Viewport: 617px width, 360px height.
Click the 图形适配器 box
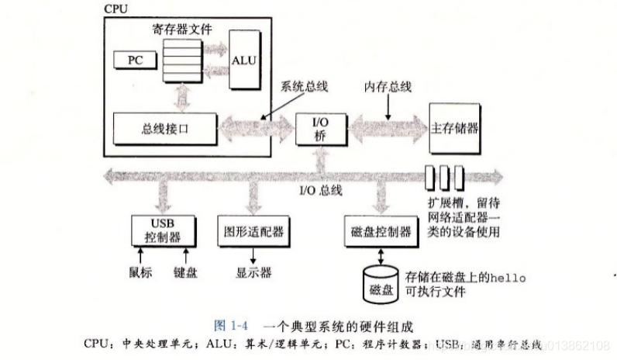[253, 230]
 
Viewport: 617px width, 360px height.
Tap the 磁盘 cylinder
[381, 287]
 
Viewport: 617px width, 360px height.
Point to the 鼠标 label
[140, 273]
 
